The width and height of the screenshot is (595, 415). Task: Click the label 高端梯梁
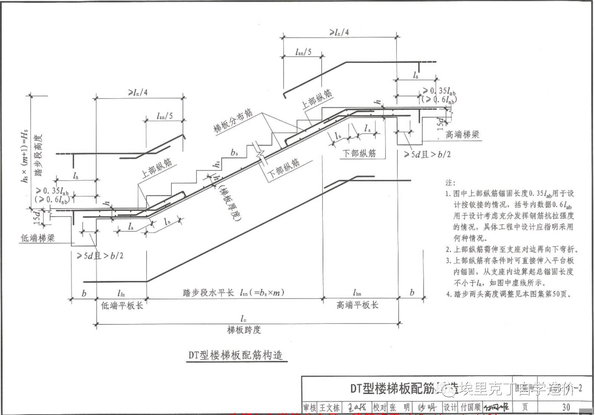[x=462, y=135]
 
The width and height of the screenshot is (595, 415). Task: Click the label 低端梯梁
[x=38, y=238]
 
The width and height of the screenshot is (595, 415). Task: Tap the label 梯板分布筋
[x=233, y=120]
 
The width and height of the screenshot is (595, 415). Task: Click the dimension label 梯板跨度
[x=244, y=330]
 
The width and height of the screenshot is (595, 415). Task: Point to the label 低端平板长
[x=122, y=305]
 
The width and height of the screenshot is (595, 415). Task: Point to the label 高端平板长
[x=357, y=305]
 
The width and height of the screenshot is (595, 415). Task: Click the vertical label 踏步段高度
[x=39, y=156]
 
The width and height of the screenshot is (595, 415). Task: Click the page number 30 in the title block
[x=566, y=407]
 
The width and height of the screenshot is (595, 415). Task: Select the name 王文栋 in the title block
[x=330, y=407]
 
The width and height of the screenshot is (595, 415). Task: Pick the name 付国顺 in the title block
[x=470, y=407]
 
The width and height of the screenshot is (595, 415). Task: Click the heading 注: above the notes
[x=450, y=182]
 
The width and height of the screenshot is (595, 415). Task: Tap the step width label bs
[x=234, y=152]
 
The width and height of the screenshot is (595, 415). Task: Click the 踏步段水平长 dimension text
[x=208, y=293]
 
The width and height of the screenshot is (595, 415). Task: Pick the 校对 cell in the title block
[x=379, y=407]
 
